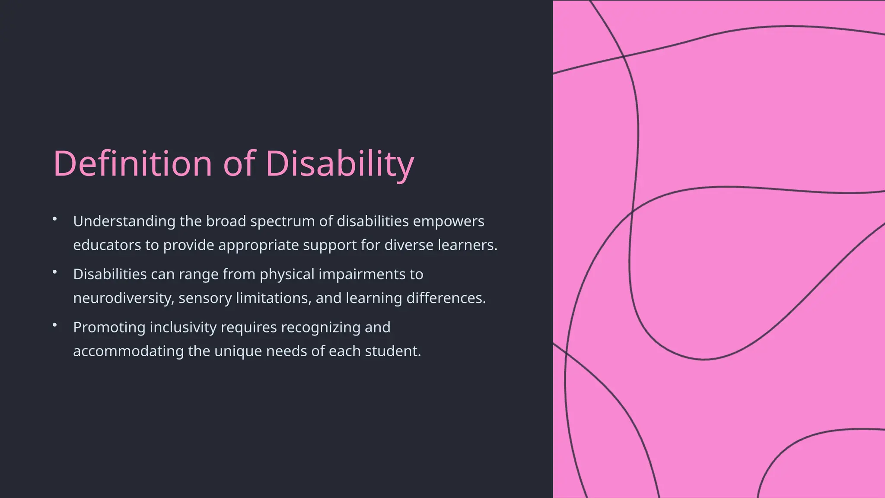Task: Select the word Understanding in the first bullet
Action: (x=124, y=221)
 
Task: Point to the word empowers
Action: (x=449, y=221)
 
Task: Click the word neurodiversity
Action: (x=124, y=298)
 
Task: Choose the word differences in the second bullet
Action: (x=446, y=298)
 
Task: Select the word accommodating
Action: (x=128, y=351)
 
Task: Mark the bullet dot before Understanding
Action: (x=55, y=219)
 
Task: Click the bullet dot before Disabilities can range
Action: (x=55, y=272)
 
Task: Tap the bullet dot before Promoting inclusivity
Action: (x=55, y=325)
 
